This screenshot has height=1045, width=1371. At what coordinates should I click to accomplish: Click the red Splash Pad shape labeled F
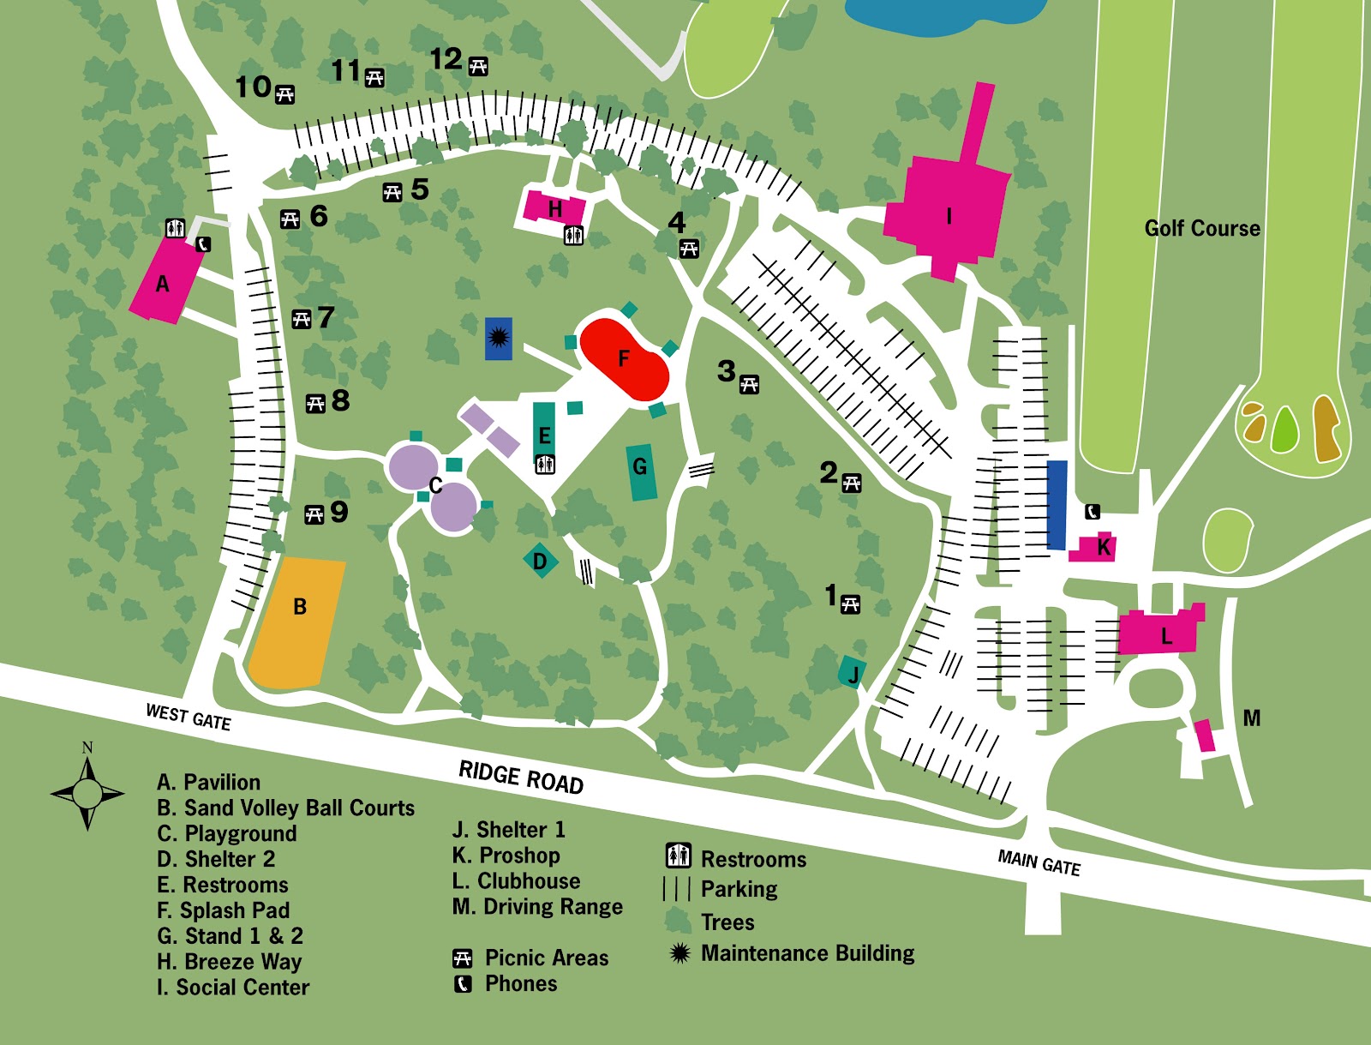click(x=624, y=359)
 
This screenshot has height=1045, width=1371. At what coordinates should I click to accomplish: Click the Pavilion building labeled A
click(x=165, y=281)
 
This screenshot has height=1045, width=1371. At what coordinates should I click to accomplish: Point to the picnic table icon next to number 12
click(x=478, y=67)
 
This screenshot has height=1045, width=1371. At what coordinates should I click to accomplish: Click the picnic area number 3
click(x=727, y=371)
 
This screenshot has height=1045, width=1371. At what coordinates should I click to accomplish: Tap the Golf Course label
click(x=1202, y=228)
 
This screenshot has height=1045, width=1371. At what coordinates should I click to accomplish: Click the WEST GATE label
click(x=188, y=717)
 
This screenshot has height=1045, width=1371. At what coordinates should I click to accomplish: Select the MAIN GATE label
click(x=1039, y=862)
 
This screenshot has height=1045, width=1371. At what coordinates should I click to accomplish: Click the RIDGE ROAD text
click(x=521, y=778)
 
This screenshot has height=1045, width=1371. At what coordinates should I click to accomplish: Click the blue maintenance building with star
click(x=499, y=338)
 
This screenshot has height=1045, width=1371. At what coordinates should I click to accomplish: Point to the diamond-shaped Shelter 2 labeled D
click(x=540, y=562)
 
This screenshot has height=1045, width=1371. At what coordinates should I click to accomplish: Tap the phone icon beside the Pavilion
click(x=203, y=244)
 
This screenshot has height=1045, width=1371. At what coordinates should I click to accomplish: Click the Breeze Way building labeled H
click(x=553, y=208)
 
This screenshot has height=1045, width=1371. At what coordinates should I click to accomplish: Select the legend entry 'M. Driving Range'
click(x=537, y=907)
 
